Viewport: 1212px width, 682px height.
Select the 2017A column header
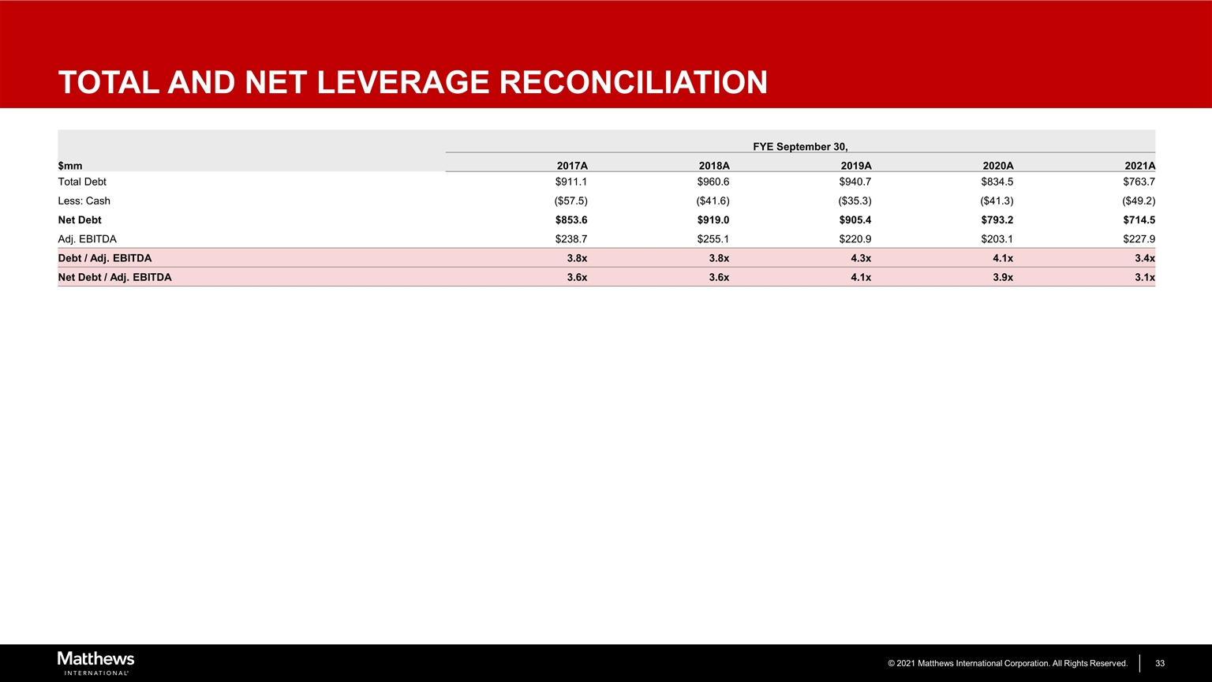pyautogui.click(x=572, y=166)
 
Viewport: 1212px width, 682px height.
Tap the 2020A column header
pyautogui.click(x=997, y=166)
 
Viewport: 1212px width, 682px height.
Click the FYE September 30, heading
pyautogui.click(x=800, y=147)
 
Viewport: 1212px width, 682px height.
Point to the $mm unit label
pyautogui.click(x=70, y=166)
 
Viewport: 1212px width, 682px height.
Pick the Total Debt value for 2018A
pyautogui.click(x=713, y=182)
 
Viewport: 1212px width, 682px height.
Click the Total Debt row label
pyautogui.click(x=82, y=182)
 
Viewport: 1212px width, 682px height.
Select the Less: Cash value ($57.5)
pyautogui.click(x=570, y=200)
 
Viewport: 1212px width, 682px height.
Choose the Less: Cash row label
pyautogui.click(x=84, y=200)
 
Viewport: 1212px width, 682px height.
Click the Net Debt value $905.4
pyautogui.click(x=855, y=219)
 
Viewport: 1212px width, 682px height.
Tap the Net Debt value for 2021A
pyautogui.click(x=1139, y=219)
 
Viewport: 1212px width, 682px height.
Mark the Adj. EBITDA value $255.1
pyautogui.click(x=713, y=238)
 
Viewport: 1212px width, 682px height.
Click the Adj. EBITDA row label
pyautogui.click(x=88, y=238)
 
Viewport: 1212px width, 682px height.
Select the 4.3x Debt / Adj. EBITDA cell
pyautogui.click(x=861, y=258)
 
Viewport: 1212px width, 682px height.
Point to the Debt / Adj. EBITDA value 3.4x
pyautogui.click(x=1145, y=258)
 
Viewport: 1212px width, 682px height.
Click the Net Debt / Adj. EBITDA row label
pyautogui.click(x=114, y=277)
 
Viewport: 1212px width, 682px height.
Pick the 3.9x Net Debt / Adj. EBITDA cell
pyautogui.click(x=1003, y=277)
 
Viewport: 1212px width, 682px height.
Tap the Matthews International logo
pyautogui.click(x=95, y=662)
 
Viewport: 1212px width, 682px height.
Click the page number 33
pyautogui.click(x=1161, y=663)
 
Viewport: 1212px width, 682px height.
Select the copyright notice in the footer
pyautogui.click(x=1007, y=663)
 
